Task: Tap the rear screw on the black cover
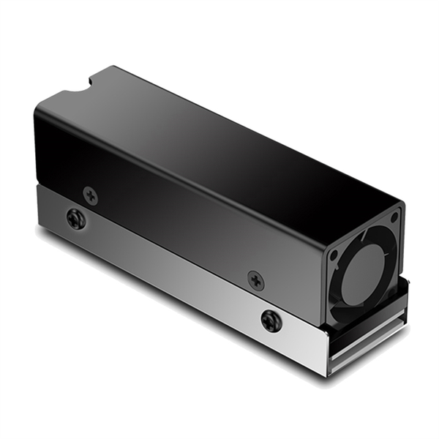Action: pyautogui.click(x=91, y=195)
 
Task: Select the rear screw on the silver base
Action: pyautogui.click(x=75, y=218)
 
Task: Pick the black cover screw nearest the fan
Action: pyautogui.click(x=255, y=279)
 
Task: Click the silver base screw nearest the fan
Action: pyautogui.click(x=271, y=320)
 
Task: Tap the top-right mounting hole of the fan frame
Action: pyautogui.click(x=394, y=217)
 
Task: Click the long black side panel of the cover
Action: pyautogui.click(x=183, y=205)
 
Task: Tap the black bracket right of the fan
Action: pyautogui.click(x=402, y=293)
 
